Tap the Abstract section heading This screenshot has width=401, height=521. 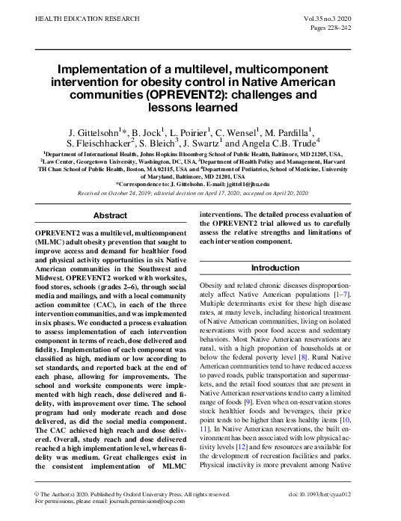click(x=110, y=215)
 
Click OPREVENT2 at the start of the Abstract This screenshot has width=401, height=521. click(x=59, y=234)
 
